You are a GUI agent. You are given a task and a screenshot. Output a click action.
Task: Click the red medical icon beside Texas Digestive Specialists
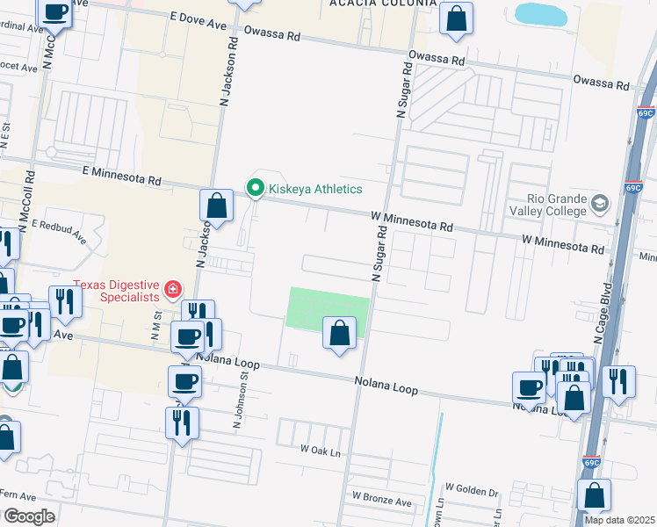click(173, 288)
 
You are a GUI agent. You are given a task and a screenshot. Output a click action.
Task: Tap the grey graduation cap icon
click(600, 205)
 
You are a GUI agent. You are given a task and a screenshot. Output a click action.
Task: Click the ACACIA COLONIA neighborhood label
click(382, 4)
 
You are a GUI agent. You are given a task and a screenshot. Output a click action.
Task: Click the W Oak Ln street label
click(320, 448)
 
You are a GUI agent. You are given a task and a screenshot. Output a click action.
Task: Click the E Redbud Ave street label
click(60, 231)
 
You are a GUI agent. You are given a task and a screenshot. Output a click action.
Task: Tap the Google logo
click(29, 516)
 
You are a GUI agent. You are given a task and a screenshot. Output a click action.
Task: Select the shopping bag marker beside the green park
click(339, 334)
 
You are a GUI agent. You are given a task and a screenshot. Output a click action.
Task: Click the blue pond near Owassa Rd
click(541, 13)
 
